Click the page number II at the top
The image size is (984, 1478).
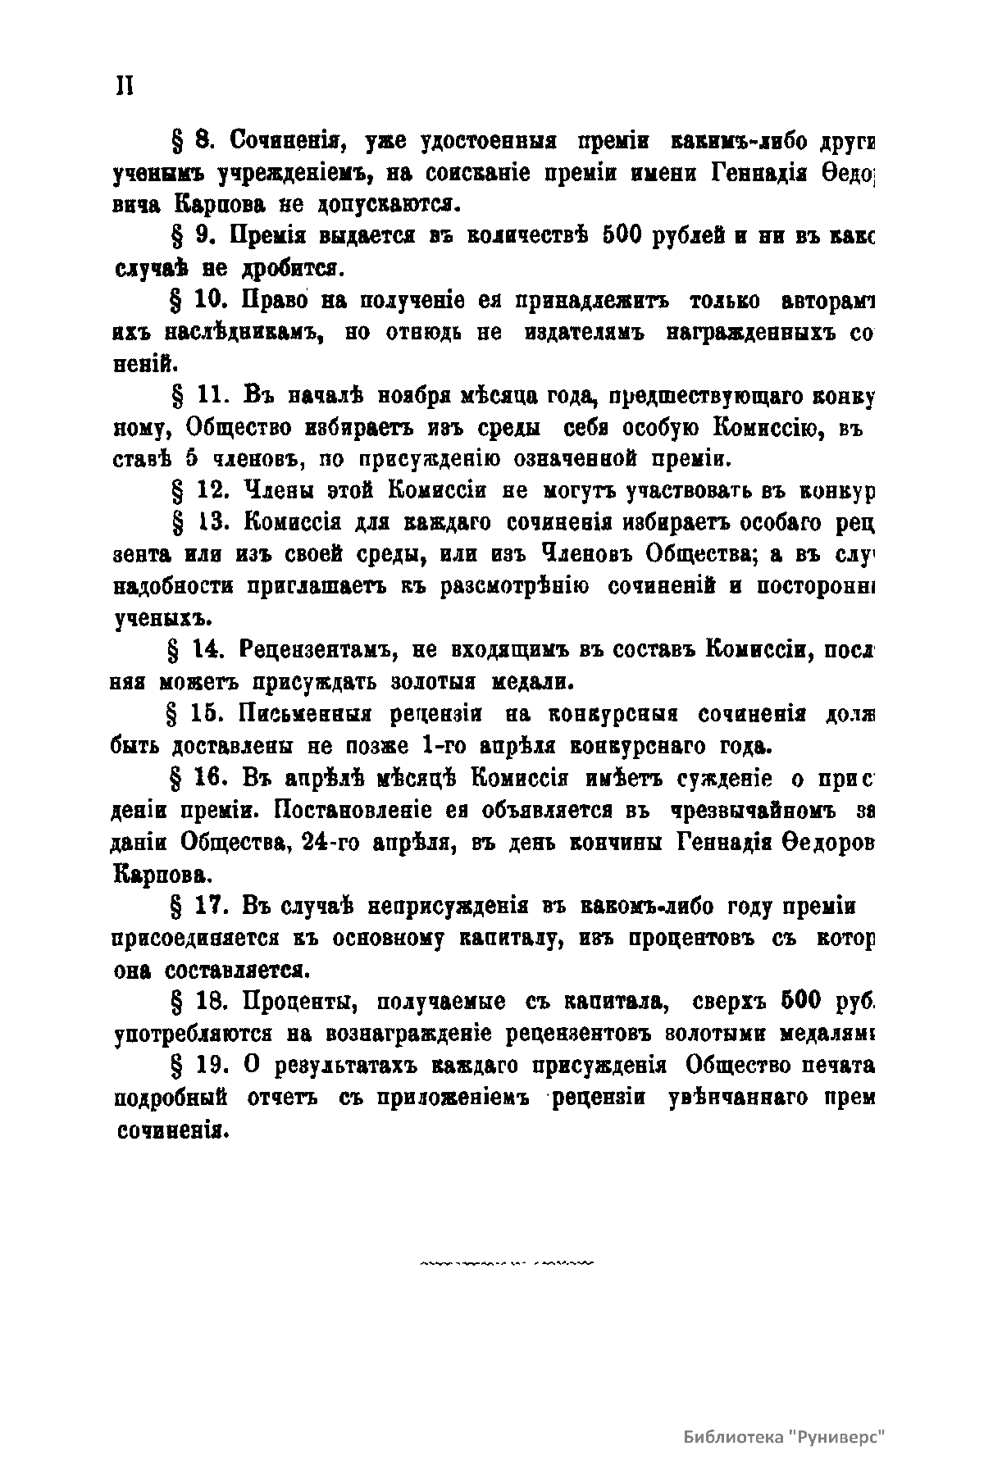(x=124, y=86)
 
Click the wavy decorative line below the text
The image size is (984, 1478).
(x=507, y=1265)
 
